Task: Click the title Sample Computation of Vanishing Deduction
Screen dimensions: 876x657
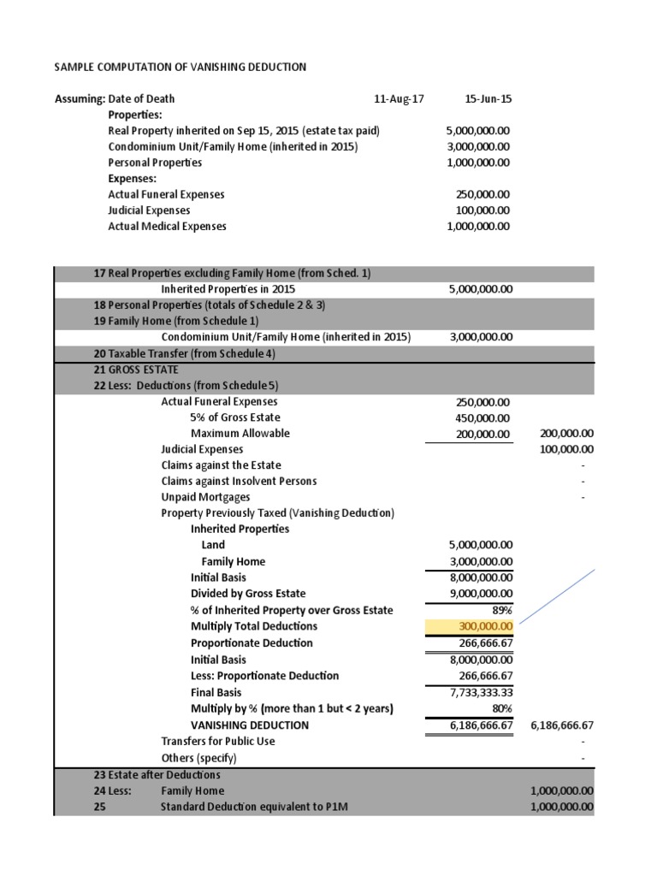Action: (181, 67)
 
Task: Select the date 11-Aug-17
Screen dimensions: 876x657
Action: (399, 99)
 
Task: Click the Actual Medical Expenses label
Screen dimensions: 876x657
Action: (167, 227)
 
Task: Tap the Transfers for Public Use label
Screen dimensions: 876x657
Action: (218, 741)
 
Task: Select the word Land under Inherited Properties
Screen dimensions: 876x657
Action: (213, 545)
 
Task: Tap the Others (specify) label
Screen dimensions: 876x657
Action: (198, 758)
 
